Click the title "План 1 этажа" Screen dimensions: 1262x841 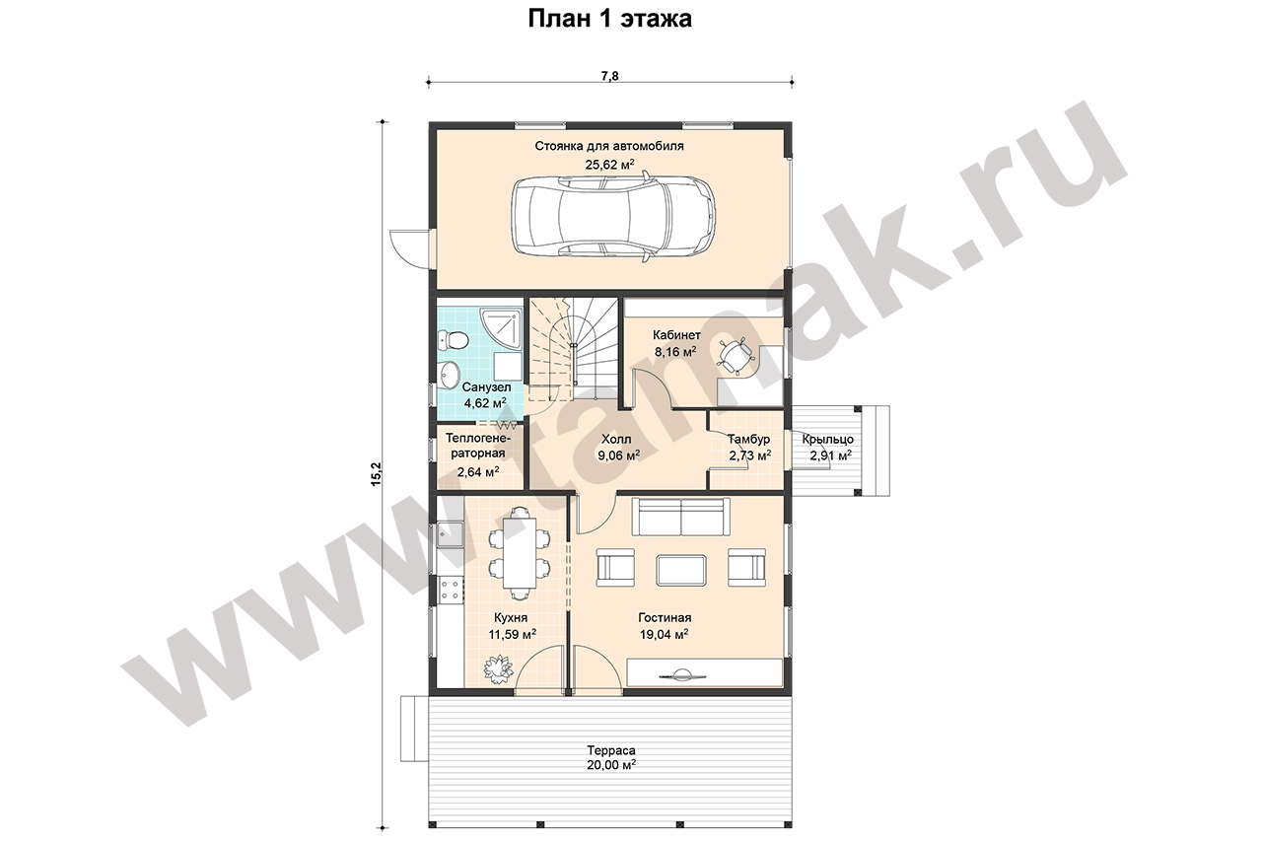coord(609,19)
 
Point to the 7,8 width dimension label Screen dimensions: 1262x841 coord(609,76)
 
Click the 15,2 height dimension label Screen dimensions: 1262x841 coord(376,474)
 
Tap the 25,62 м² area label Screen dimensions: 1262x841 coord(609,165)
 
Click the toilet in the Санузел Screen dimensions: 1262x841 coord(453,340)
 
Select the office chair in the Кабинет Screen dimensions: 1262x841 coord(735,356)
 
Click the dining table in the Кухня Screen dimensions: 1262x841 coord(519,552)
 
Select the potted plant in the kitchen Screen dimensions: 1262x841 coord(499,668)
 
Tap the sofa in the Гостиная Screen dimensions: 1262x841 coord(681,517)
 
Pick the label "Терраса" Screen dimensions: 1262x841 coord(611,750)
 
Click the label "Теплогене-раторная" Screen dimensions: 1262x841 coord(478,446)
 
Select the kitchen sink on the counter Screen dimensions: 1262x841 coord(451,534)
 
